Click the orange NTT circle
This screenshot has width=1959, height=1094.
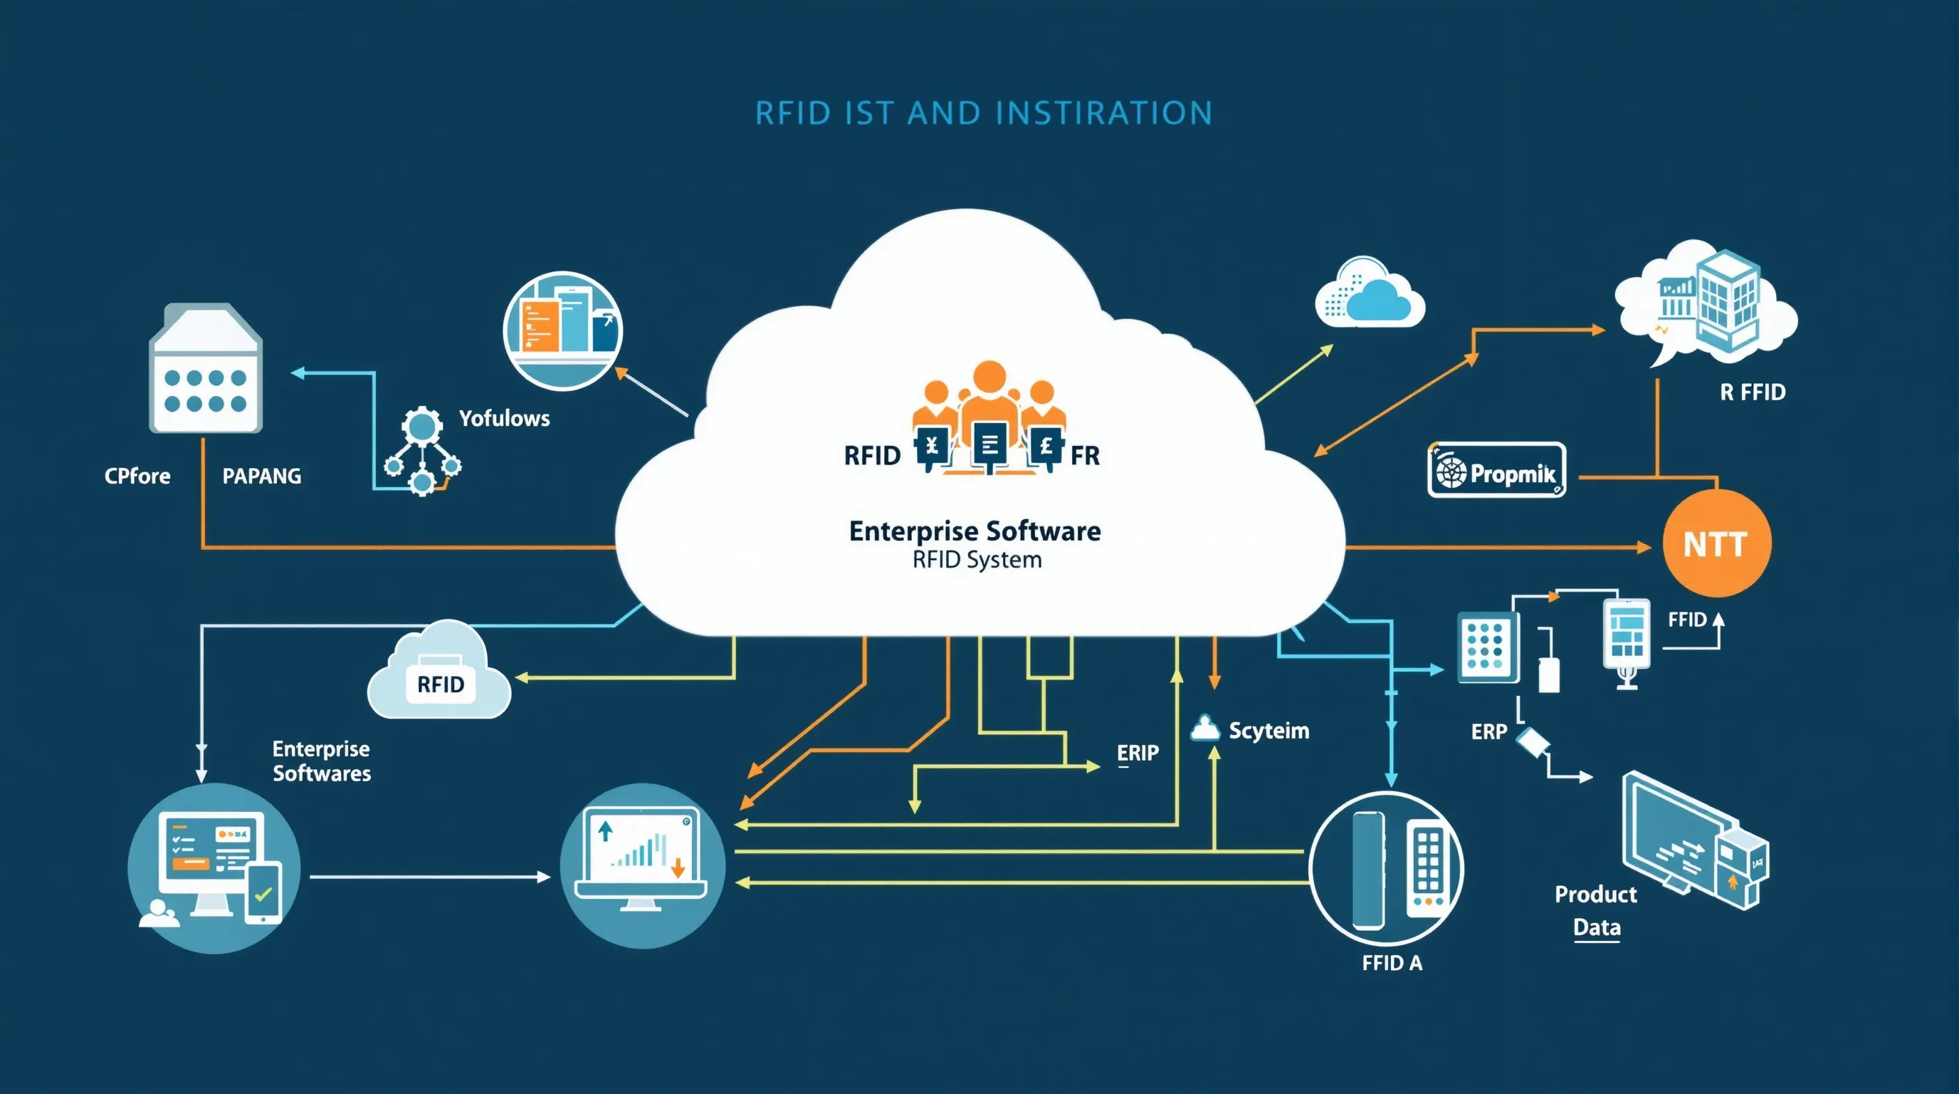(1716, 543)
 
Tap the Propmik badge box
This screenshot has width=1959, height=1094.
(1496, 471)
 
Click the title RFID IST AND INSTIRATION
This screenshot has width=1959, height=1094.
(983, 113)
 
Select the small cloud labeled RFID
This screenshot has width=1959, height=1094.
(439, 674)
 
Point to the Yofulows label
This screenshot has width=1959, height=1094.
(504, 417)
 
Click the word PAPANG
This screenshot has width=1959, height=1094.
(262, 476)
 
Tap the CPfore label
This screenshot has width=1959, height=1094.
(137, 476)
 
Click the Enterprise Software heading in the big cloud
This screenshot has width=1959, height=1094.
(975, 531)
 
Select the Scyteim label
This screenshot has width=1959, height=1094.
(1269, 730)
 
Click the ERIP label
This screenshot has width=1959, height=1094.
(1137, 753)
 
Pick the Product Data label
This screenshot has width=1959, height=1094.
(1596, 910)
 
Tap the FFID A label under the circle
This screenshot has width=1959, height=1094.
(1391, 963)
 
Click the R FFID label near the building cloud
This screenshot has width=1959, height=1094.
(1752, 392)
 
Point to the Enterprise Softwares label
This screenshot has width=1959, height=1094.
(322, 761)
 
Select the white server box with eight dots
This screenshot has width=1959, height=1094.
(205, 370)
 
